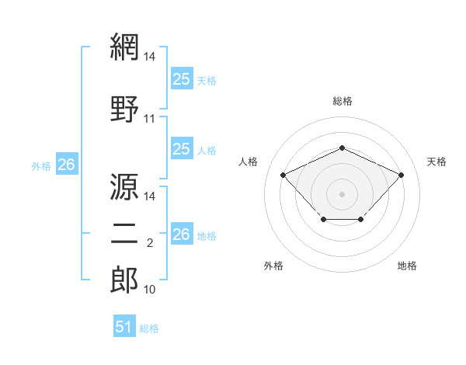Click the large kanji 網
[124, 47]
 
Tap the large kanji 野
[124, 109]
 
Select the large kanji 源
[124, 186]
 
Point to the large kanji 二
[124, 235]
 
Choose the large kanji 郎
[124, 280]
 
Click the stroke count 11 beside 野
[149, 119]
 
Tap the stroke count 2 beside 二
[150, 243]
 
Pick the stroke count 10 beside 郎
[149, 290]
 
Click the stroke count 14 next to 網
[149, 57]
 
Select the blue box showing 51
[124, 325]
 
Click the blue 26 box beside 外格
[67, 164]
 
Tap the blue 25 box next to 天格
[183, 78]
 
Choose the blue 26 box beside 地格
[183, 233]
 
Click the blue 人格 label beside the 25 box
[207, 151]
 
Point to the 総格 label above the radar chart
[343, 101]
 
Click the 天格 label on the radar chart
[436, 162]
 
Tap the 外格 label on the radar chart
[273, 266]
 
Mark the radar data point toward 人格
[283, 175]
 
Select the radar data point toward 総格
[342, 148]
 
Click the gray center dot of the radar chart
[342, 194]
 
